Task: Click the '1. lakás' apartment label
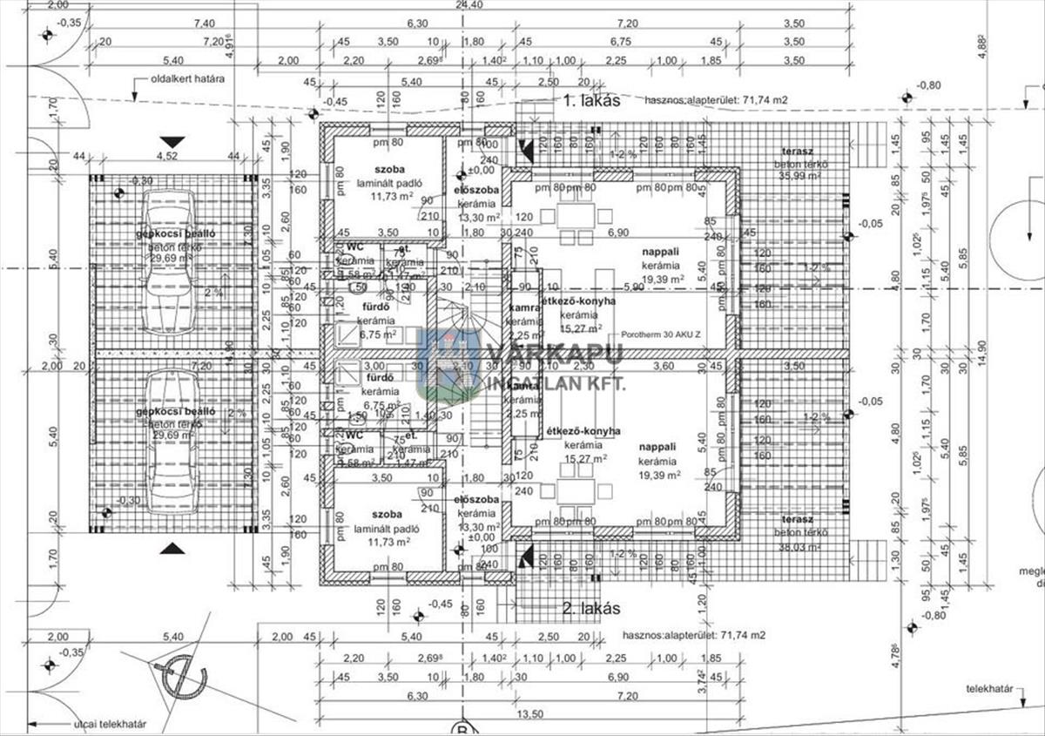(x=591, y=100)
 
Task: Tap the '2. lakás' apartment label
(x=591, y=608)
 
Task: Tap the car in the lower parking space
(x=168, y=442)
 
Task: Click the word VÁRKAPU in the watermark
(x=554, y=354)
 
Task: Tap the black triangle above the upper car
(x=172, y=141)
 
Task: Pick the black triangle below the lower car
(x=172, y=548)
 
